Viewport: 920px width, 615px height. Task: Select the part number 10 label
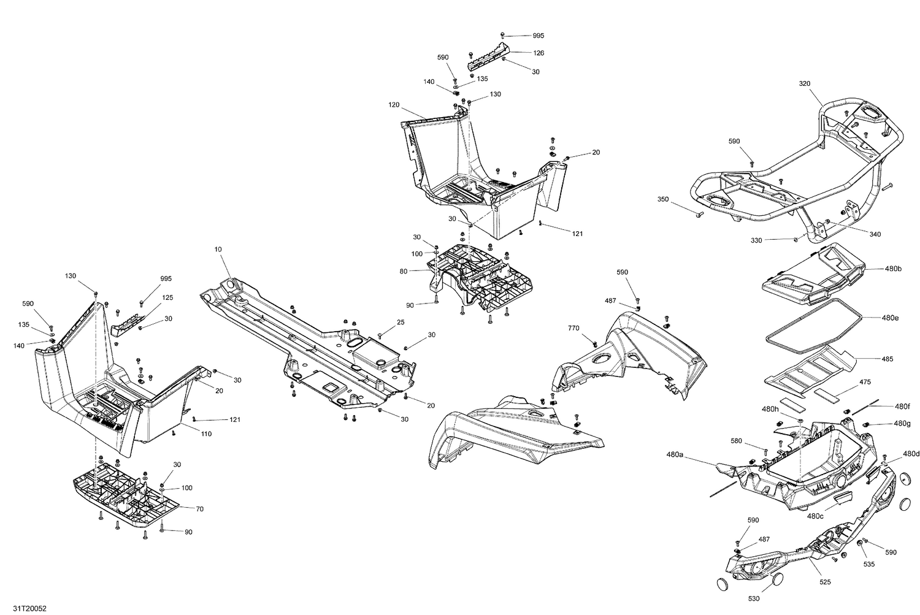pyautogui.click(x=218, y=250)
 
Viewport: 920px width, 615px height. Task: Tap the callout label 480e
pyautogui.click(x=891, y=318)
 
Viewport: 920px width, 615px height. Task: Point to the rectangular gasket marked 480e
pyautogui.click(x=815, y=321)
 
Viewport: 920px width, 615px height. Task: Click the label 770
pyautogui.click(x=573, y=328)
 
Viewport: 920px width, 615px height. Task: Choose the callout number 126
pyautogui.click(x=539, y=53)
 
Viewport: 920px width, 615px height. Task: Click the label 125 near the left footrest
pyautogui.click(x=167, y=297)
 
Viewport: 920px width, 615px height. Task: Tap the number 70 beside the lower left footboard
pyautogui.click(x=199, y=508)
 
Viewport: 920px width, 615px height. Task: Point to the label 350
pyautogui.click(x=663, y=199)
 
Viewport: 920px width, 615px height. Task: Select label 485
pyautogui.click(x=887, y=359)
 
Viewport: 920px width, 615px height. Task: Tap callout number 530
pyautogui.click(x=754, y=598)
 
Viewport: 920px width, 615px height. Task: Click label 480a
pyautogui.click(x=675, y=455)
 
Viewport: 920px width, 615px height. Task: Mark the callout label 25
pyautogui.click(x=401, y=322)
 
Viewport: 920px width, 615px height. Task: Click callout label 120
pyautogui.click(x=394, y=105)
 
